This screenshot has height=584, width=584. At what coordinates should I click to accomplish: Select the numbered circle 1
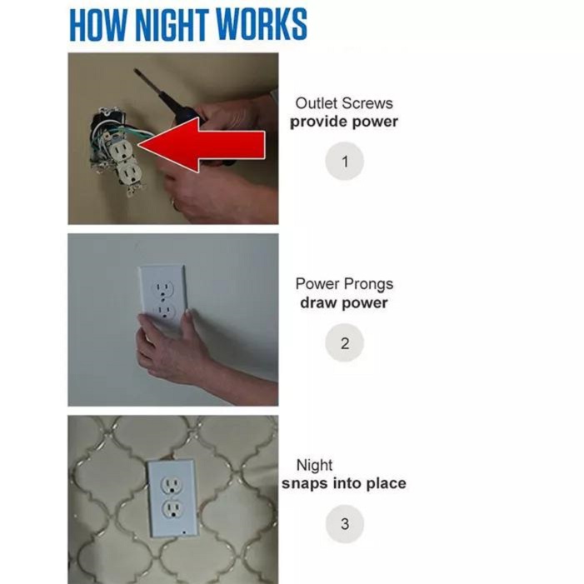345,162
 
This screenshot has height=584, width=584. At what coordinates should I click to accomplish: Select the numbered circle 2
345,343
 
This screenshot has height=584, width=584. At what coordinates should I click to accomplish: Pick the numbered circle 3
345,525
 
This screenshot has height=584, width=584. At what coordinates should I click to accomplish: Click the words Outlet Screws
344,103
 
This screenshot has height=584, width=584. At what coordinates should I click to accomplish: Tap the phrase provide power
344,122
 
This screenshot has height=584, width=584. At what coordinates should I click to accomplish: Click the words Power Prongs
344,284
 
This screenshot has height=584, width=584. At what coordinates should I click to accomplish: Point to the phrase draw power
344,302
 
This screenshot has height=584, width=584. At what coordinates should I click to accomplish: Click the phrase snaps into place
343,483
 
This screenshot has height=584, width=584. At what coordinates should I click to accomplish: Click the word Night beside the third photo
314,465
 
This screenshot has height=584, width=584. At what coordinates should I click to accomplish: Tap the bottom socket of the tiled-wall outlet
172,510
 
